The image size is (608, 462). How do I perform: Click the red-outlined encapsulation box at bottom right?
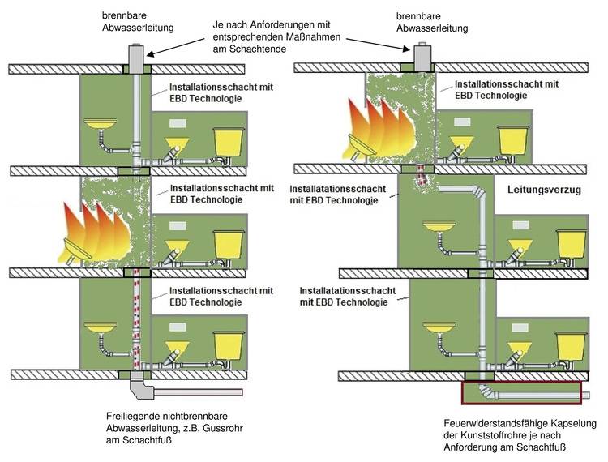click(522, 392)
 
